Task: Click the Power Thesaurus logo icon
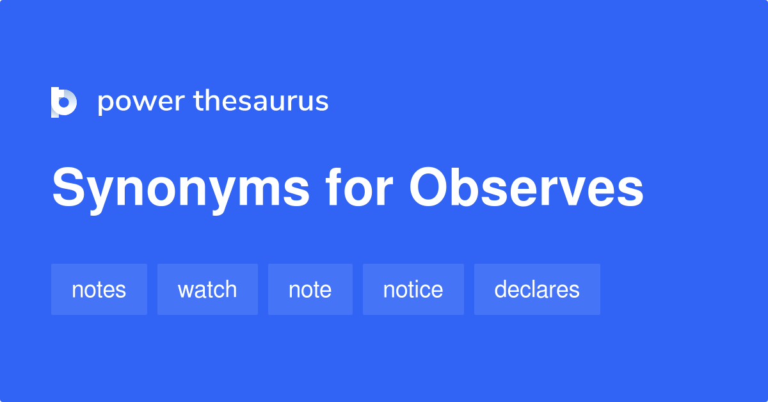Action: coord(64,102)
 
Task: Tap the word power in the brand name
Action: coord(141,102)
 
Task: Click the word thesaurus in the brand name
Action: coord(261,100)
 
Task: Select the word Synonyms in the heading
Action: coord(180,189)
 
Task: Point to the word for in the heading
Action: coord(359,187)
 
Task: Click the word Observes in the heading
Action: coord(526,188)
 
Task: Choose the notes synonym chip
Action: coord(99,289)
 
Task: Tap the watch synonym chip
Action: coord(207,289)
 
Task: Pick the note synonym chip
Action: coord(310,289)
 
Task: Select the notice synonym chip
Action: coord(413,289)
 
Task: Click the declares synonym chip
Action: coord(537,289)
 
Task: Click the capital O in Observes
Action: coord(429,187)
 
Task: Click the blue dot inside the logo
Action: coord(64,102)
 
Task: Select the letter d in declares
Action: coord(502,289)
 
